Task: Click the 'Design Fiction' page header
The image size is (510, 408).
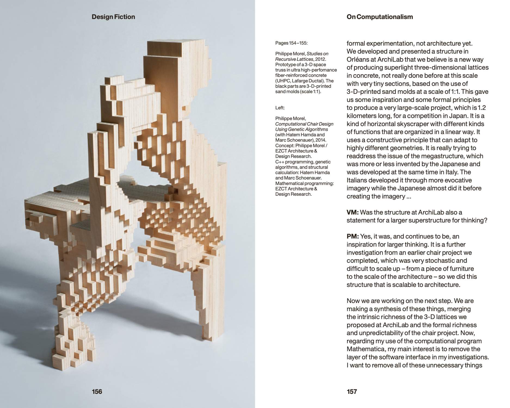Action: point(113,17)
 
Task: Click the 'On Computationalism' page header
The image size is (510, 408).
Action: point(376,17)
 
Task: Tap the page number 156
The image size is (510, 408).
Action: point(97,391)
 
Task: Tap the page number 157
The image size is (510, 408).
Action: point(352,391)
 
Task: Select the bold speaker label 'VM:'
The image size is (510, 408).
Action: point(353,212)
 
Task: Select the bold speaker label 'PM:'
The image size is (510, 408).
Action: point(353,236)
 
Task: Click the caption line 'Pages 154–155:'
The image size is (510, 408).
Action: point(291,43)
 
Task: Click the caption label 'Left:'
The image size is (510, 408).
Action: point(280,108)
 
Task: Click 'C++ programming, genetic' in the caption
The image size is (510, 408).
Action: point(303,162)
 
